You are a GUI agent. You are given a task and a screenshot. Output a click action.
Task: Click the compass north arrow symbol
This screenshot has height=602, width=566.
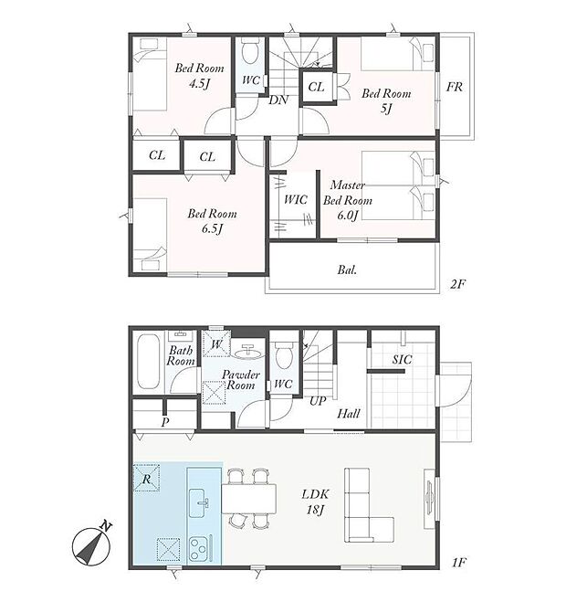[92, 544]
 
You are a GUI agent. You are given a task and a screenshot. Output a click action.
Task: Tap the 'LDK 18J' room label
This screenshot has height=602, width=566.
[316, 502]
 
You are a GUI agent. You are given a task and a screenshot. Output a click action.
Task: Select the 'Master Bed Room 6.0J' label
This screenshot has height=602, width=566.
[348, 200]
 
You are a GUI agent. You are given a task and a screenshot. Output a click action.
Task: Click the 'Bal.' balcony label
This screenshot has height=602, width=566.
[347, 269]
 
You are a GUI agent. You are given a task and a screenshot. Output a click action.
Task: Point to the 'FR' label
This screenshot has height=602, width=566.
[455, 87]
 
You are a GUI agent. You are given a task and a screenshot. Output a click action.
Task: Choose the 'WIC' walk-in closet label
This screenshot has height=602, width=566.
[296, 199]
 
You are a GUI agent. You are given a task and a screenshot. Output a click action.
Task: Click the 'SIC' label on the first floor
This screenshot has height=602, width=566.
[402, 360]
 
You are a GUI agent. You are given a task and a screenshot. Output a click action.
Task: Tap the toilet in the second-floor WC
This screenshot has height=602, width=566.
[250, 53]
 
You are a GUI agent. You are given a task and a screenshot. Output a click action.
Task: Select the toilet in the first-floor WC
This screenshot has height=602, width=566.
[284, 355]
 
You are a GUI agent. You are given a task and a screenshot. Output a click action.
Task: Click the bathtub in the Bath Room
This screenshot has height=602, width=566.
[148, 361]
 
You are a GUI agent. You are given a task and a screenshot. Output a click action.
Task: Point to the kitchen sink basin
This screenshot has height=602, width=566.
[200, 502]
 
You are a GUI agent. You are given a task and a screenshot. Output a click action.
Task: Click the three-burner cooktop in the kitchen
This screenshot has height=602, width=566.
[200, 549]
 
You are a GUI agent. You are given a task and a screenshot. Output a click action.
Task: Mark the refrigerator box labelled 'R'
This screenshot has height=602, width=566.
[146, 478]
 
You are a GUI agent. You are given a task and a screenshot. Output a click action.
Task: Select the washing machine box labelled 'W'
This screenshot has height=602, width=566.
[216, 343]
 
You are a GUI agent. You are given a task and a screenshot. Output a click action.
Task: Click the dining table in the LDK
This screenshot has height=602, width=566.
[249, 499]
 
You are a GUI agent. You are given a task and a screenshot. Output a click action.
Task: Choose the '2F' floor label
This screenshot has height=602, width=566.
[457, 284]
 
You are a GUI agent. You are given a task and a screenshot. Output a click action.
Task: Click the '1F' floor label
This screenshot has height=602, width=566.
[458, 563]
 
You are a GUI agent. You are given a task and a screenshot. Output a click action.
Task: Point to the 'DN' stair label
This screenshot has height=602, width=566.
[278, 100]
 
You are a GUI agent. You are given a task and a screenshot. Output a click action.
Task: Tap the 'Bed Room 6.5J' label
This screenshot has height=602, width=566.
[212, 221]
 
